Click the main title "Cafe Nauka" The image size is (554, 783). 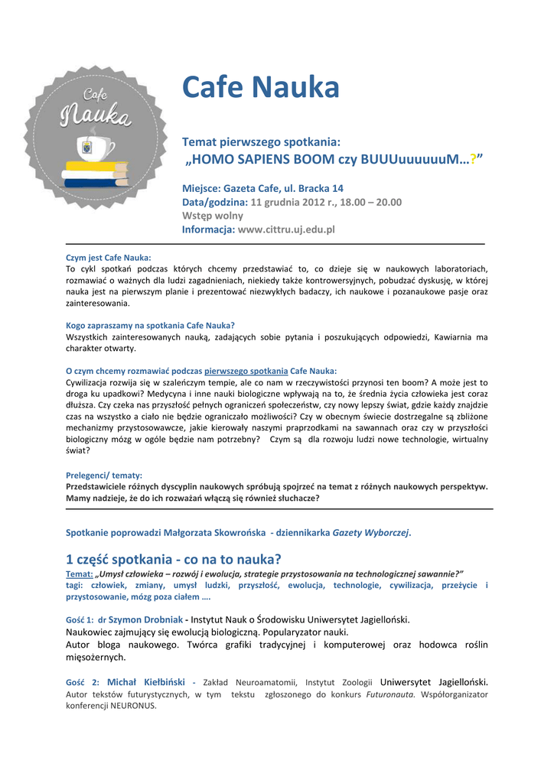point(260,88)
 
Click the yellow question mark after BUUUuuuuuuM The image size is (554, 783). point(474,159)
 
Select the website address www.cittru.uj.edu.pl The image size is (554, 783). point(287,229)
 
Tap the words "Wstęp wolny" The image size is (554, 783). point(212,216)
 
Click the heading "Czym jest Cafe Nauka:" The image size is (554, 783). point(109,258)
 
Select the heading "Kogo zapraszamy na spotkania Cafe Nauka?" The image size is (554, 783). point(150,325)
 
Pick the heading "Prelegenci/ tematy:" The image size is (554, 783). point(104,475)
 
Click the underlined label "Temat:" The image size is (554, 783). point(80,573)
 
